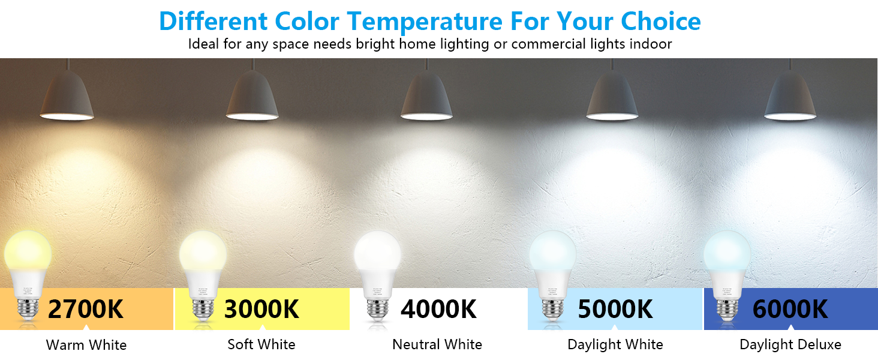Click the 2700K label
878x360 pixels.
(85, 309)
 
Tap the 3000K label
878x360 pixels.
(261, 309)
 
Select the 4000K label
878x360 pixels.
(438, 309)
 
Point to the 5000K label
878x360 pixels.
(615, 309)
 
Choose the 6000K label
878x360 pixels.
(790, 309)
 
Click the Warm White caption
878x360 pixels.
(86, 345)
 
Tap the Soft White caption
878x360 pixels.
(261, 344)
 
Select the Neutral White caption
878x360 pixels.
(437, 344)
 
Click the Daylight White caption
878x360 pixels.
(615, 344)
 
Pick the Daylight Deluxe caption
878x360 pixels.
(790, 344)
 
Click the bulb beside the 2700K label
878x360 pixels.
(28, 270)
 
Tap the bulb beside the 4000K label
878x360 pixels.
(377, 270)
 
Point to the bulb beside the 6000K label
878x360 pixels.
(726, 270)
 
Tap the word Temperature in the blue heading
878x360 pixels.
(425, 22)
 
